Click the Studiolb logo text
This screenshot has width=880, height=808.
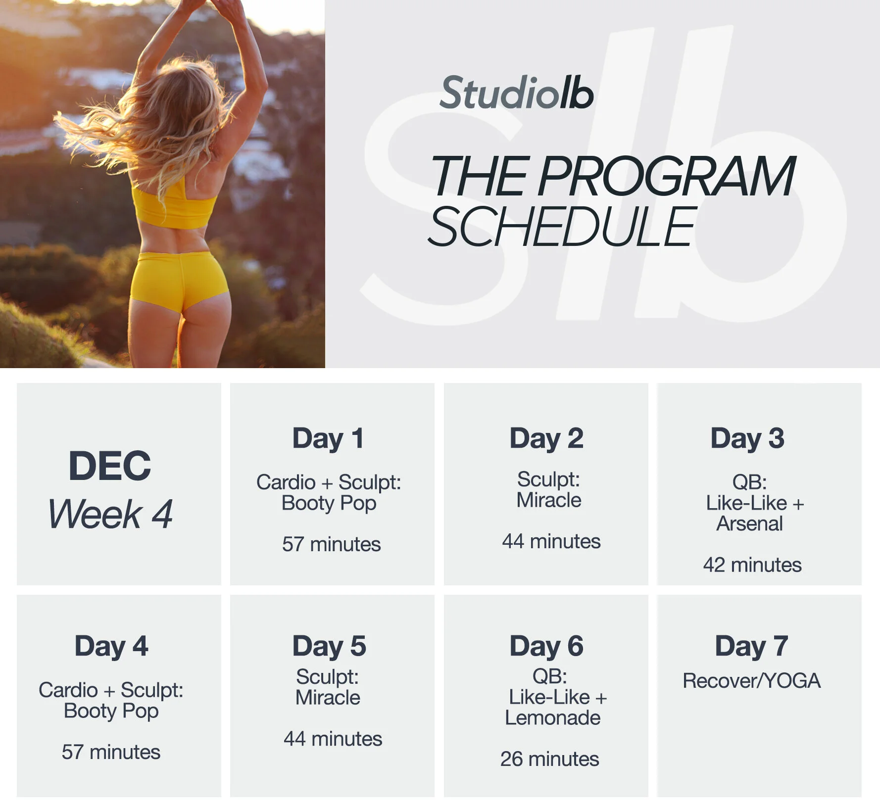(x=516, y=93)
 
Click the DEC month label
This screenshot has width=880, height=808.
(x=109, y=466)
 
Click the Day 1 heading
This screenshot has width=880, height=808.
(x=328, y=438)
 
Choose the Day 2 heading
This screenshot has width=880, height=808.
(x=546, y=438)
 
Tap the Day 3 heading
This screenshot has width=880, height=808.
(x=747, y=438)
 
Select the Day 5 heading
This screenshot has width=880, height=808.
(x=329, y=646)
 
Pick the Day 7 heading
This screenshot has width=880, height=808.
(x=751, y=646)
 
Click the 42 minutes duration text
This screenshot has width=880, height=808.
(x=752, y=565)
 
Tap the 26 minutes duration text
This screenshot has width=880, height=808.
(x=549, y=759)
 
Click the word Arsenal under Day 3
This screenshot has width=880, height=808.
(x=750, y=523)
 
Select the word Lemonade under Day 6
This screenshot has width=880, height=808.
(x=552, y=717)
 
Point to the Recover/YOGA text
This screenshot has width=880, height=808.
(x=751, y=681)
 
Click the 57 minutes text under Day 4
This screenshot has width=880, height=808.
(x=111, y=752)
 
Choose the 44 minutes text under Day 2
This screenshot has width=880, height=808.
(x=551, y=541)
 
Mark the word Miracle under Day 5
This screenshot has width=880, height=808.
(x=328, y=698)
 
